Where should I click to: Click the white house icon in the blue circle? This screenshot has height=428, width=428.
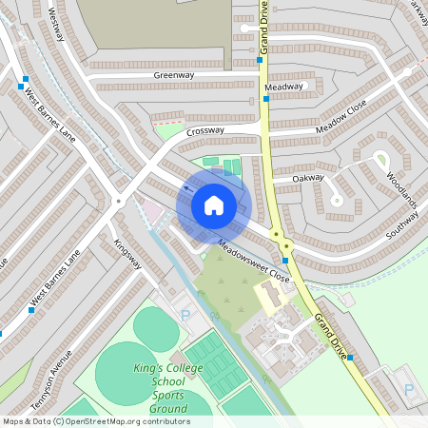click(x=214, y=204)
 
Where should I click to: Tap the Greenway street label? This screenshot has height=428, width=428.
click(x=173, y=74)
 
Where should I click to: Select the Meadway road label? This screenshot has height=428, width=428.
click(x=284, y=87)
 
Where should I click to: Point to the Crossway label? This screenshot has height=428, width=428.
click(x=205, y=131)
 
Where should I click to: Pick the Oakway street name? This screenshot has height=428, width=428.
click(x=308, y=177)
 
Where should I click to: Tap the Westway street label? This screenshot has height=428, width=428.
click(x=56, y=24)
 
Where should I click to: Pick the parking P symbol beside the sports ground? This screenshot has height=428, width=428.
click(x=185, y=315)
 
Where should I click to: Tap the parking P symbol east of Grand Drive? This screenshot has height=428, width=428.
click(x=409, y=389)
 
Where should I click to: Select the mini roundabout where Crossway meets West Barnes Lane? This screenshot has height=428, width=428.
click(x=118, y=201)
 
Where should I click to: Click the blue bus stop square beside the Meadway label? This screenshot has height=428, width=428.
click(x=264, y=98)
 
